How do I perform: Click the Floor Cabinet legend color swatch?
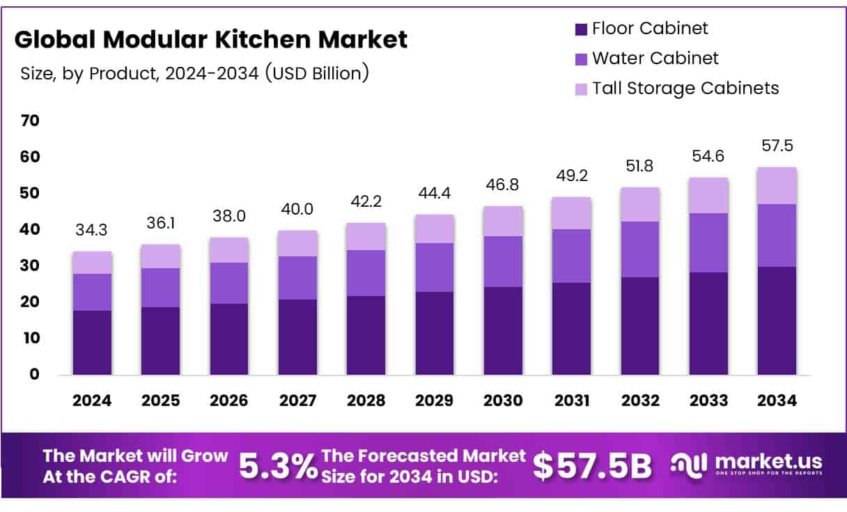581,29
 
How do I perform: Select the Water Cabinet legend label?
655,59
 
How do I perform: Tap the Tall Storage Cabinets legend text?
685,88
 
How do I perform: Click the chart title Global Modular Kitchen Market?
211,40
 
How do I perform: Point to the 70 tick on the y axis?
30,121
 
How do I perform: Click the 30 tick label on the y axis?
30,265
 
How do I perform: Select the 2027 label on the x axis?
297,401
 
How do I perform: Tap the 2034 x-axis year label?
777,401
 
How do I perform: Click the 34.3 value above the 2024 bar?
92,230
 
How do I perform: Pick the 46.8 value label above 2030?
503,185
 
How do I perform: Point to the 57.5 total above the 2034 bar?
777,146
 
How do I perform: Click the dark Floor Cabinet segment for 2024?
92,343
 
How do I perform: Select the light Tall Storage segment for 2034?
777,185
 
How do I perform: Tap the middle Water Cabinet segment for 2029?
435,267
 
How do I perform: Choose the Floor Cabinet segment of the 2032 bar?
640,326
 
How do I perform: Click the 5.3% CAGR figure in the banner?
278,467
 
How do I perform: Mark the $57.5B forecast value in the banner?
592,467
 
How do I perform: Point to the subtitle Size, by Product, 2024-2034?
194,73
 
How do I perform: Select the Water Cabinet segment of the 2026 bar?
228,283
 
